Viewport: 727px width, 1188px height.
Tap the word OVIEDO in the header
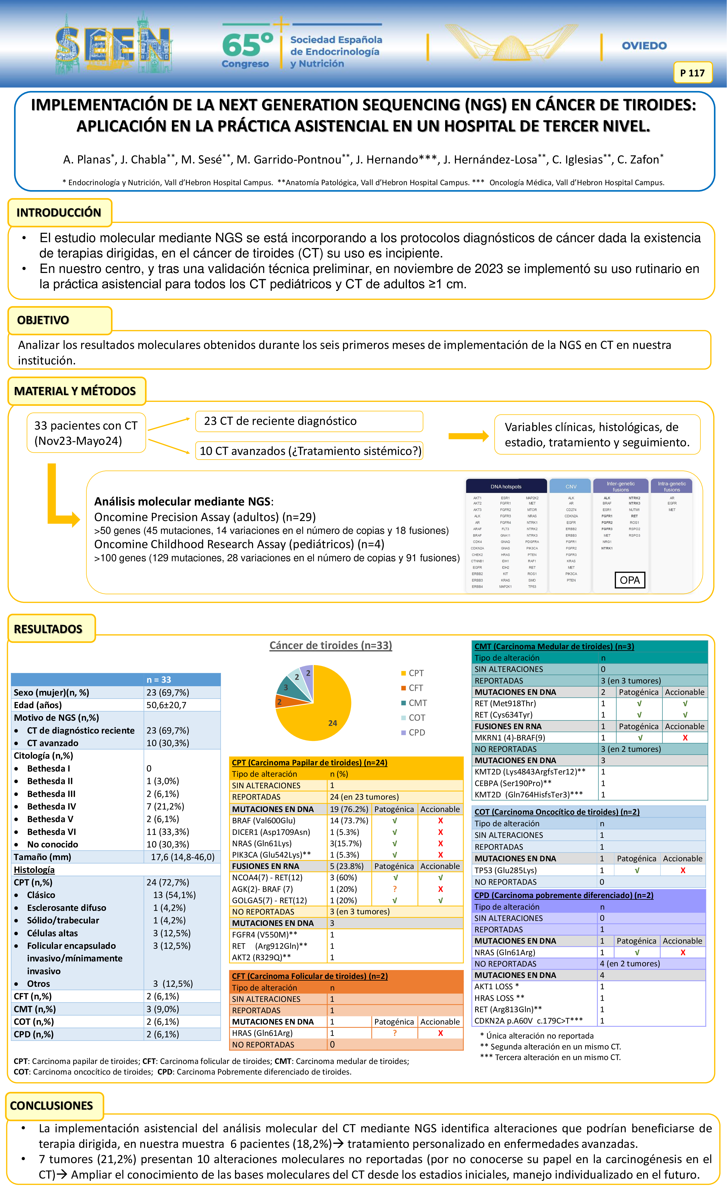click(644, 46)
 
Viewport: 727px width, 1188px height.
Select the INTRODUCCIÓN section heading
click(59, 213)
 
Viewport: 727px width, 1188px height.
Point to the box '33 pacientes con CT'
click(86, 433)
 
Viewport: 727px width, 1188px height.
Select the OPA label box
click(630, 580)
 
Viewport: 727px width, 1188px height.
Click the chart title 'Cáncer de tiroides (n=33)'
click(331, 645)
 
